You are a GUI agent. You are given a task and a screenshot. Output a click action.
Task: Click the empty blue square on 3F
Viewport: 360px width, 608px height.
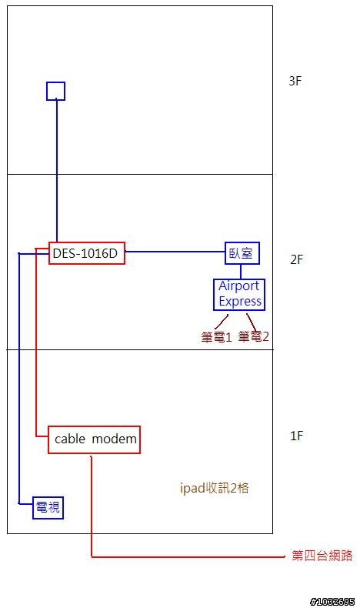pyautogui.click(x=56, y=82)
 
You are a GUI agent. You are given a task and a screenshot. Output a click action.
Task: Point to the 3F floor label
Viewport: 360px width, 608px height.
pyautogui.click(x=295, y=81)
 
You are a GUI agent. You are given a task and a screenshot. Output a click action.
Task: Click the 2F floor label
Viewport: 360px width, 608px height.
pyautogui.click(x=296, y=259)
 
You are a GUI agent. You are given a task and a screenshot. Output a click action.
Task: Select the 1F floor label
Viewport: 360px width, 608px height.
pyautogui.click(x=296, y=436)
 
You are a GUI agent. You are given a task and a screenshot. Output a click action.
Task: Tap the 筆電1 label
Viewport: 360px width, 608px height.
pyautogui.click(x=216, y=337)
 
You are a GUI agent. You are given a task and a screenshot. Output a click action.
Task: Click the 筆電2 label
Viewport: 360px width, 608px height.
pyautogui.click(x=253, y=336)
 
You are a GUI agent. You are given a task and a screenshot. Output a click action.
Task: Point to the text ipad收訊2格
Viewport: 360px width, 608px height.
pyautogui.click(x=215, y=488)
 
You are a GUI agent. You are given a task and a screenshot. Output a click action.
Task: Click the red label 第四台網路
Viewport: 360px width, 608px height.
pyautogui.click(x=322, y=556)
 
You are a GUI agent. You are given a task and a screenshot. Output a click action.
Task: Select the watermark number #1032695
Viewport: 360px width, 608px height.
pyautogui.click(x=332, y=601)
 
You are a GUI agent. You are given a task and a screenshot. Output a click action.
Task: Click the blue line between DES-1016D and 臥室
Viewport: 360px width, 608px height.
pyautogui.click(x=175, y=252)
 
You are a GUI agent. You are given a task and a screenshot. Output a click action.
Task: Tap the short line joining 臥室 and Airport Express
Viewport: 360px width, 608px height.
pyautogui.click(x=241, y=272)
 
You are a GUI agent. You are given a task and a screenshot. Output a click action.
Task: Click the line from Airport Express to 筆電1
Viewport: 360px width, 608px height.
pyautogui.click(x=222, y=322)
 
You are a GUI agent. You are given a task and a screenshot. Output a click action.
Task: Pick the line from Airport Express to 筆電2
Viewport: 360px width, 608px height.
pyautogui.click(x=251, y=322)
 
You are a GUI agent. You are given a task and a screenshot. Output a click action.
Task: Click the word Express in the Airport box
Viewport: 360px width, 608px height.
pyautogui.click(x=240, y=301)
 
